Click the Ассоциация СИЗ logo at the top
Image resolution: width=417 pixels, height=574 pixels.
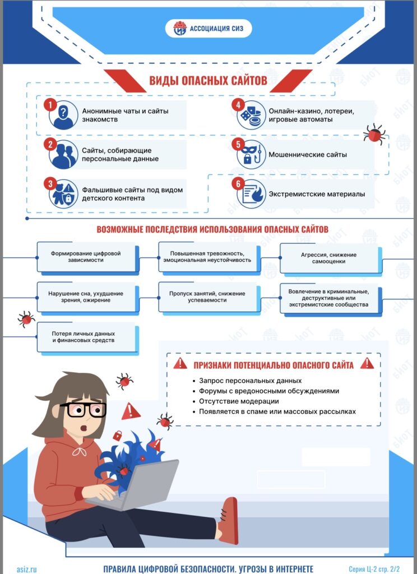coord(208,28)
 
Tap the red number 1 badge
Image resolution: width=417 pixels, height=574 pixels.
coord(50,105)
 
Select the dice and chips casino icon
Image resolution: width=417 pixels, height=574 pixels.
coord(251,115)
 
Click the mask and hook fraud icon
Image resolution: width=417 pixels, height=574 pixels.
coord(251,155)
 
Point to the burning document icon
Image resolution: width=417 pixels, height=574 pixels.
coord(251,194)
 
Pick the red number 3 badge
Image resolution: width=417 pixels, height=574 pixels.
coord(50,184)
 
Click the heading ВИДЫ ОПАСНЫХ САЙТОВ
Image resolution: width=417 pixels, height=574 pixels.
coord(208,80)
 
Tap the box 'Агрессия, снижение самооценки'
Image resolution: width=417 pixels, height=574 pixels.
coord(330,258)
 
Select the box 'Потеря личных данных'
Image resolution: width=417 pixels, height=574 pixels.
coord(86,337)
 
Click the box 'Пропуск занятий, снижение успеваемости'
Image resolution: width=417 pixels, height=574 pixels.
coord(208,297)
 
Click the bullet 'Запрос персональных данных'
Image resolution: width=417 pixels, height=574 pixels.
coord(247,381)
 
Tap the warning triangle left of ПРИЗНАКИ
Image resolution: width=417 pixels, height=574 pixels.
coord(180,363)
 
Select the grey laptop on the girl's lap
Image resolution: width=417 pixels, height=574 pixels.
coord(141,484)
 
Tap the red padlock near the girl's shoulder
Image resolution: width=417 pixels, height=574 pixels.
coord(117,436)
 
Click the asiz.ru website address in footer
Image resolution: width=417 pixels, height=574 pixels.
coord(27,570)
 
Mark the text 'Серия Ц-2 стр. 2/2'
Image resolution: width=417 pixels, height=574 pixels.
coord(374,570)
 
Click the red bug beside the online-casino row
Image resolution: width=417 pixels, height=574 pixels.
coord(374,134)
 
